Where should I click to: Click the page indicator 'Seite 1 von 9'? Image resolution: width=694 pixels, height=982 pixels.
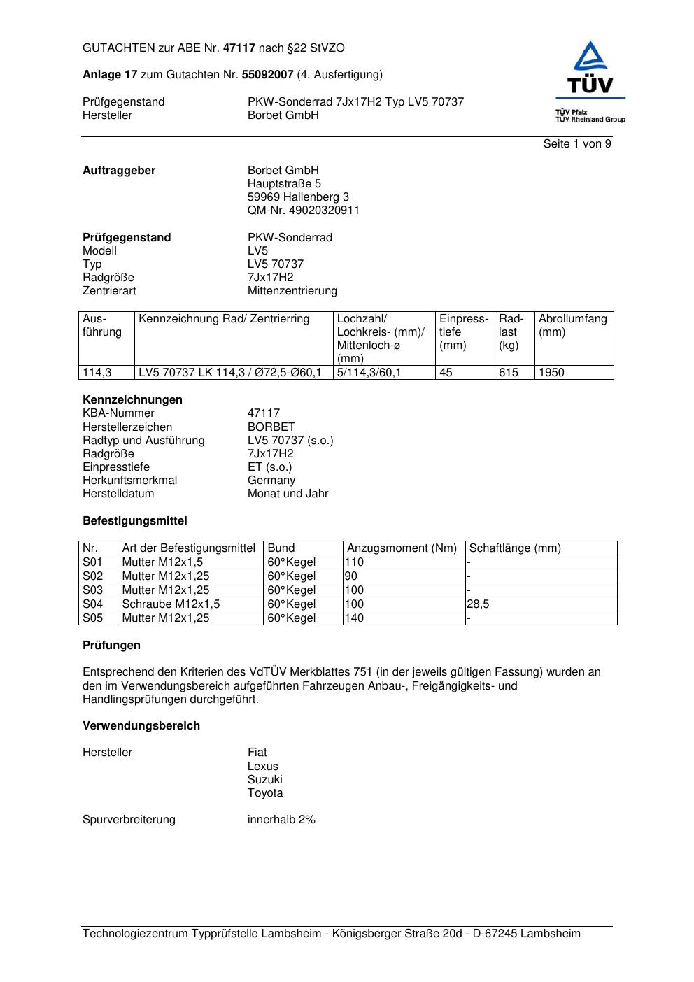[x=576, y=144]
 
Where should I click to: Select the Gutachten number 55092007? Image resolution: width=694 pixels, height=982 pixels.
[x=267, y=75]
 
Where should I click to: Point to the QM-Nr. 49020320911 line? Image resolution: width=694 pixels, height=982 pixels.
[x=303, y=211]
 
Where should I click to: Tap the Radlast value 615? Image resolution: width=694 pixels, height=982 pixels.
[x=508, y=373]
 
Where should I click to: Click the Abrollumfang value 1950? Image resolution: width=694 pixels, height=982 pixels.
[x=551, y=373]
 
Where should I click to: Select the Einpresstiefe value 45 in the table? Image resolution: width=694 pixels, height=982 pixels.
[x=446, y=373]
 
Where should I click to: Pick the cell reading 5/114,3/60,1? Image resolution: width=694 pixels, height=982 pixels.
[x=369, y=373]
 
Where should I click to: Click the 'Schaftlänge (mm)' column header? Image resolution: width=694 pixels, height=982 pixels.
[x=515, y=548]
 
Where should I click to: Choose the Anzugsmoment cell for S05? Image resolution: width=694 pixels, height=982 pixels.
[x=355, y=618]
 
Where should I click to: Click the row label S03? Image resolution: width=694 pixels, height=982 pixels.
[x=92, y=590]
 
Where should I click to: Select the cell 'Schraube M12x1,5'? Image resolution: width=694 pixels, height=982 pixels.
[x=171, y=604]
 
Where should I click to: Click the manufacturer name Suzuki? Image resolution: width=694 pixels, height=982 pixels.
[x=264, y=780]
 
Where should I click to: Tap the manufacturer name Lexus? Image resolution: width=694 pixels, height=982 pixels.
[x=262, y=767]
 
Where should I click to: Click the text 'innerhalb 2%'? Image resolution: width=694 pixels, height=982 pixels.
[x=281, y=820]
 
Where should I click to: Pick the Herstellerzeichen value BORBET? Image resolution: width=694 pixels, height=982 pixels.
[x=271, y=427]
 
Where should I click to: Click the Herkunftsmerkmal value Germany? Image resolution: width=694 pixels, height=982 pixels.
[x=271, y=481]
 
